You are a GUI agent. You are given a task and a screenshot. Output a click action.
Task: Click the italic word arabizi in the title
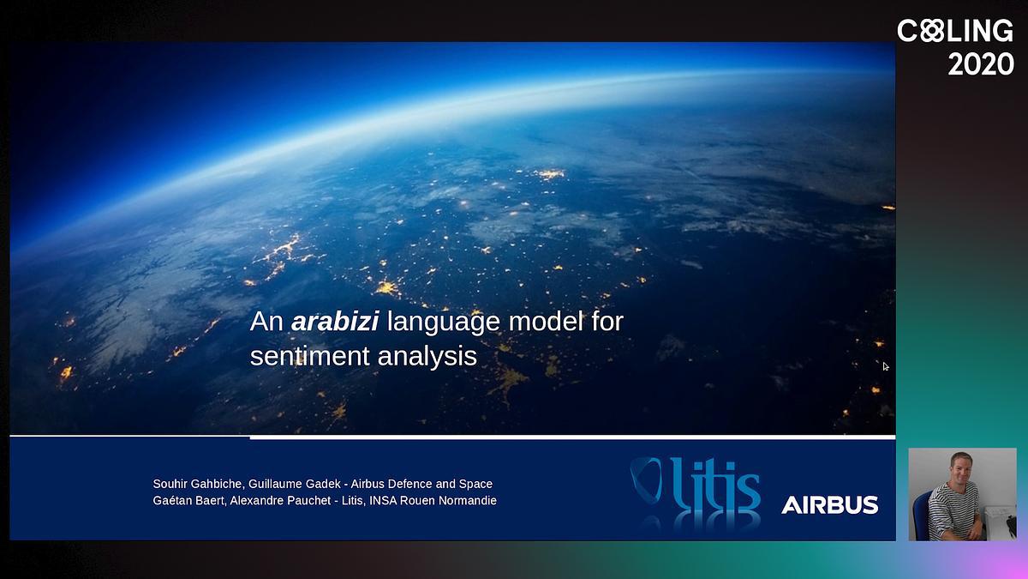tap(335, 321)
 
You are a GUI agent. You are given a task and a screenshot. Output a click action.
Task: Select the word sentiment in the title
tap(310, 356)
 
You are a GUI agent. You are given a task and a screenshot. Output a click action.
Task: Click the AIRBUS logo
tap(830, 505)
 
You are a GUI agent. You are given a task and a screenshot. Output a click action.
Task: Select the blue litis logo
tap(696, 485)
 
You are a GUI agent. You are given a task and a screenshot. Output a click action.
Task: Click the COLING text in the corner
tap(955, 31)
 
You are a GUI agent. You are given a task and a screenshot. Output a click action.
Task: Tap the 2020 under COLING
tap(981, 64)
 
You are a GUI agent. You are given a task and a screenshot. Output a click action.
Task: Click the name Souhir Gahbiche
tap(197, 484)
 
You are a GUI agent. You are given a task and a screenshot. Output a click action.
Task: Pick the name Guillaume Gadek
tap(295, 484)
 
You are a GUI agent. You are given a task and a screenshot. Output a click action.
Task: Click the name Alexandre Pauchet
tap(280, 500)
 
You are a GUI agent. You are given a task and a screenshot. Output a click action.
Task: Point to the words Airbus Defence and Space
tap(421, 484)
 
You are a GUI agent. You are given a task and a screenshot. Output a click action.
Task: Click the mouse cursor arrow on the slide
tap(885, 366)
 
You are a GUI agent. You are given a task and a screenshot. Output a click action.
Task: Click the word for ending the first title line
tap(607, 321)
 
